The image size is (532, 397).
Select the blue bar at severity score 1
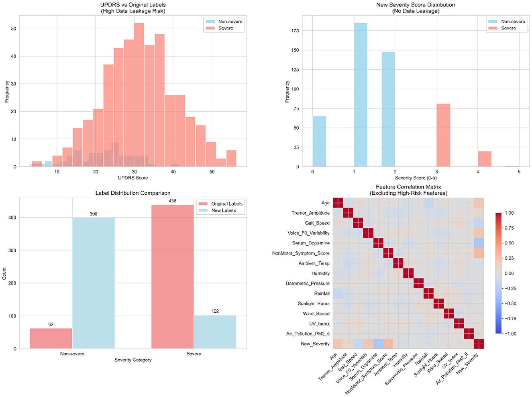click(x=361, y=95)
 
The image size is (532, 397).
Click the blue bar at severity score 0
click(x=319, y=141)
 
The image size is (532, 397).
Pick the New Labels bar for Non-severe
click(x=94, y=283)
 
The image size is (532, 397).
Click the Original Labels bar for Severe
click(x=172, y=277)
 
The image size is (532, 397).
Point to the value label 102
click(x=215, y=311)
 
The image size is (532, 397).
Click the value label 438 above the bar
click(x=172, y=201)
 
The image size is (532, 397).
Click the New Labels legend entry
click(x=224, y=210)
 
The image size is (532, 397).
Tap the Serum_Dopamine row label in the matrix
click(x=311, y=243)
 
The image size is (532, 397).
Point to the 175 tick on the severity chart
click(x=295, y=31)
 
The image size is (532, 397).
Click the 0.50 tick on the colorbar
click(x=509, y=243)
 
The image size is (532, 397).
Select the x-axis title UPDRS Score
click(x=133, y=177)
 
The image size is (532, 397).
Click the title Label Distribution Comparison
click(x=133, y=193)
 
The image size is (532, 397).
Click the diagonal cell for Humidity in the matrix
click(x=408, y=273)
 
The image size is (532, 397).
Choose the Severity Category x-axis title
click(x=133, y=360)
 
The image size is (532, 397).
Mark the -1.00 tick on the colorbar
click(x=508, y=334)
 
